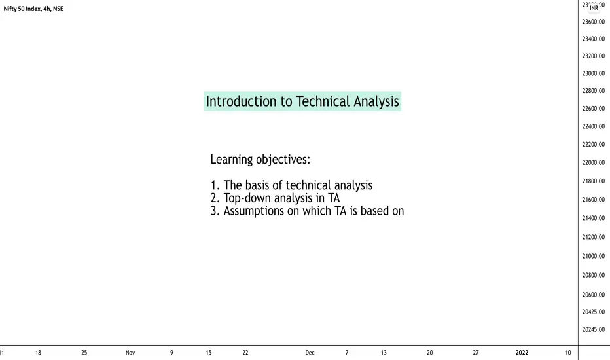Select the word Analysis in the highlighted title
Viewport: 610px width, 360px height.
(x=376, y=101)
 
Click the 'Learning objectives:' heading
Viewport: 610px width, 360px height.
(x=260, y=160)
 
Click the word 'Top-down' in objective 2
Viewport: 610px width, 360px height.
(x=247, y=198)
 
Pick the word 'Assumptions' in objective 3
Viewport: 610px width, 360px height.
(x=254, y=211)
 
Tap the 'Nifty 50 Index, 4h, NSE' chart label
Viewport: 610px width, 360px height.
(x=33, y=9)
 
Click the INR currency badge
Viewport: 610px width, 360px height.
(x=594, y=8)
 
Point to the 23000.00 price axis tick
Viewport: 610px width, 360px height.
(x=593, y=73)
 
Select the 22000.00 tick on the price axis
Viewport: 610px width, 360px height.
(x=593, y=162)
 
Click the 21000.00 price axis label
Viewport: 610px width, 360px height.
(x=593, y=256)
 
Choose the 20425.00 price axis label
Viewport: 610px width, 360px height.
(x=593, y=312)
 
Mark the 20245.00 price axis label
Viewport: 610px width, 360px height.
(x=593, y=330)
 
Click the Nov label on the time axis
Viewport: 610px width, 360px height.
(x=130, y=353)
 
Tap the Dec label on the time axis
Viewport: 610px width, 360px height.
(x=310, y=353)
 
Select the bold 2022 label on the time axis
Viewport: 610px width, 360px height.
(x=522, y=353)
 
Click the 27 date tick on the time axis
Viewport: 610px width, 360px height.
(x=475, y=353)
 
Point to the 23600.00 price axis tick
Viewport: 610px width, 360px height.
(x=593, y=22)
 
